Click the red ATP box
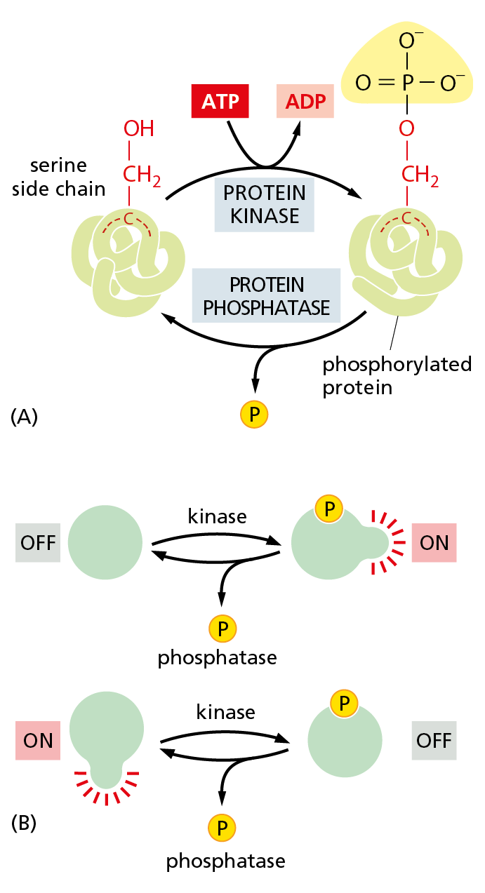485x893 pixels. pos(220,102)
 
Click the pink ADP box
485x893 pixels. pos(305,102)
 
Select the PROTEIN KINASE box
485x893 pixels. pos(264,203)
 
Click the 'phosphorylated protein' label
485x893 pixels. pos(396,376)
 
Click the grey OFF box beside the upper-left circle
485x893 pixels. pos(38,542)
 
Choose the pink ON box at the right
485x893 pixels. pos(434,542)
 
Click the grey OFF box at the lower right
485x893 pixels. pos(434,740)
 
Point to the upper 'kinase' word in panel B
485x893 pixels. pos(218,517)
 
